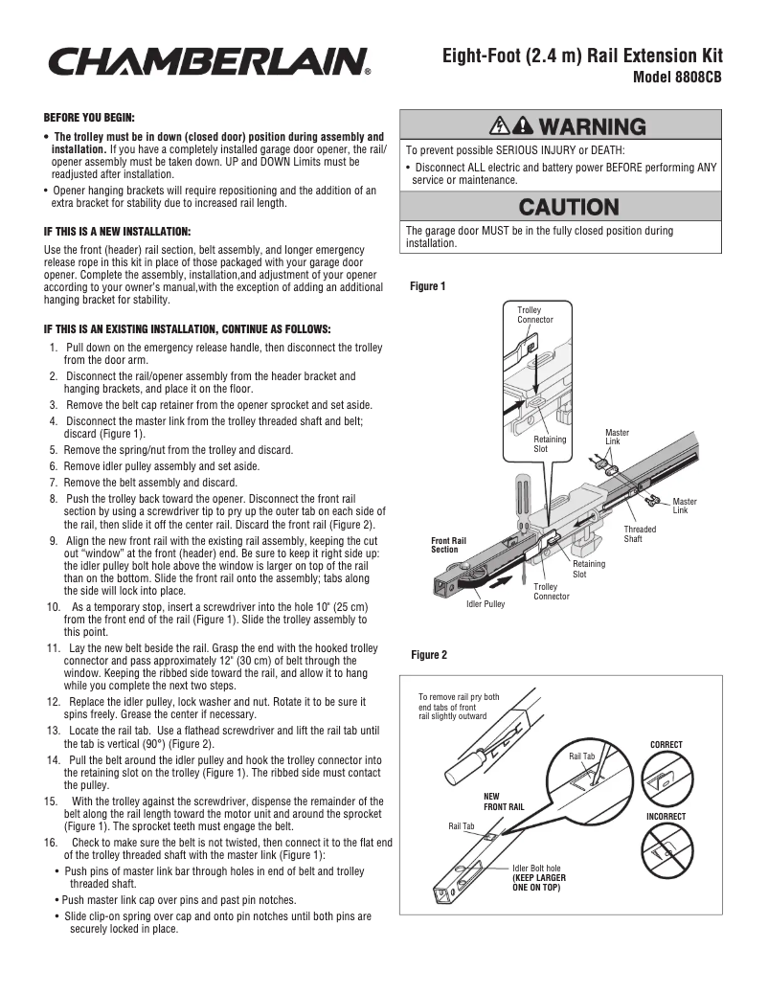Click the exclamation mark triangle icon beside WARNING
click(523, 126)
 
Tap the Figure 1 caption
click(428, 286)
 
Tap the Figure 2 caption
click(428, 655)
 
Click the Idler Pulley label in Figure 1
click(486, 604)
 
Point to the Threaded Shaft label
click(640, 534)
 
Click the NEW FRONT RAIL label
click(504, 801)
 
